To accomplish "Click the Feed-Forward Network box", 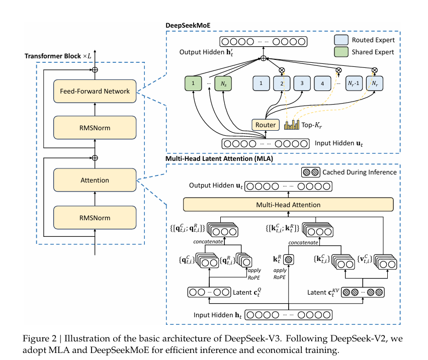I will [x=95, y=91].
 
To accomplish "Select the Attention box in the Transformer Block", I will [x=95, y=179].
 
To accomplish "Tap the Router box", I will [x=265, y=125].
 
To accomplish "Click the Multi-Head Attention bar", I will [x=288, y=205].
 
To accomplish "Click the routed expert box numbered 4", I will [x=323, y=82].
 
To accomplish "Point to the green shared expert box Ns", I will [x=223, y=82].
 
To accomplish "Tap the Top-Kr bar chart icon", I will [x=291, y=124].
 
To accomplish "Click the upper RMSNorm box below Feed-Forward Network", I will [x=95, y=128].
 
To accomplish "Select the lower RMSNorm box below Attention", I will [x=95, y=218].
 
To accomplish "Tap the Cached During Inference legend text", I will [x=360, y=172].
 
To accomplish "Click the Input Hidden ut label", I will [x=339, y=143].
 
